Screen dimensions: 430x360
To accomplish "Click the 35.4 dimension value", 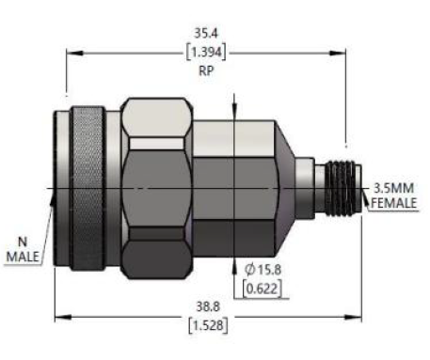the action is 206,33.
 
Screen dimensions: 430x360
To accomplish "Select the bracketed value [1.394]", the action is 206,52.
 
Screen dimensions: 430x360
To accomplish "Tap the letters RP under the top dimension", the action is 206,70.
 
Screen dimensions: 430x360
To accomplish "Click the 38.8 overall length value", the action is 208,306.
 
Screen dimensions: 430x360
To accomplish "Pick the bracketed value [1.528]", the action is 208,325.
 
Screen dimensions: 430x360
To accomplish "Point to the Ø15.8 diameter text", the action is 263,270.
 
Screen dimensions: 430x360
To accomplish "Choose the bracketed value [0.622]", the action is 263,289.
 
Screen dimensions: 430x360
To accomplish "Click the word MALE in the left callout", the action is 23,257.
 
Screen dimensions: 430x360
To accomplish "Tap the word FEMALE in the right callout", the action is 394,203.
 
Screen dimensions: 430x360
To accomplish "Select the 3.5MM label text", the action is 394,188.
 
